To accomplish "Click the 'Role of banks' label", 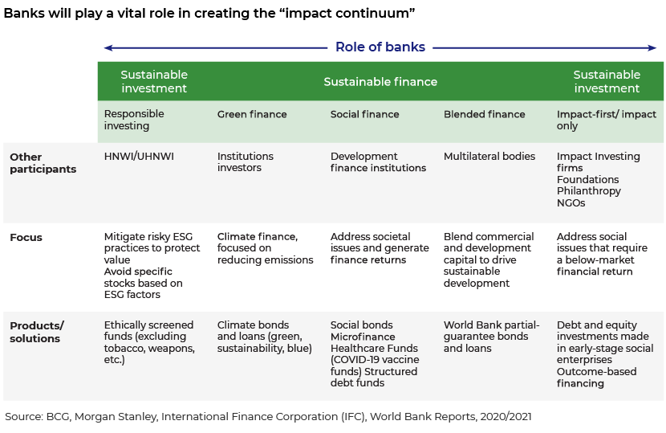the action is [x=380, y=47].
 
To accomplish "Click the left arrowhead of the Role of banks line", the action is [x=108, y=47].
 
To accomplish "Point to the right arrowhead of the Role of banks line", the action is [x=652, y=47].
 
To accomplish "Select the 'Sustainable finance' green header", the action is [x=380, y=82].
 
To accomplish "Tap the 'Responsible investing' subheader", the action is [x=134, y=120].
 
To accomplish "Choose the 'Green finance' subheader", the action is [x=252, y=114].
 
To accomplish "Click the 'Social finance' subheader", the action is [x=364, y=114].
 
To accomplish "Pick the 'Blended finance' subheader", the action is [x=484, y=114].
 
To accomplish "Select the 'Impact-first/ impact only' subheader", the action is [x=607, y=120].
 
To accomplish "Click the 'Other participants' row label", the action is [x=43, y=163].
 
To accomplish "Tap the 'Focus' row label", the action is [x=26, y=237].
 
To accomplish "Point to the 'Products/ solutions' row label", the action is [x=37, y=333].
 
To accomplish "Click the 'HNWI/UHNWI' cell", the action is [x=139, y=156].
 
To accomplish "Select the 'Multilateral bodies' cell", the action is [x=489, y=156].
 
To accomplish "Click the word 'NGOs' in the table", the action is [x=571, y=203].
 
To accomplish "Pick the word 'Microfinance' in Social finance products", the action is [x=363, y=337].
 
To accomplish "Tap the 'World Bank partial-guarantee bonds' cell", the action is [x=491, y=337].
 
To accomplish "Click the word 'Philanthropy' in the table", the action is [x=589, y=191].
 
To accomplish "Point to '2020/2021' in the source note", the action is [x=506, y=416].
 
